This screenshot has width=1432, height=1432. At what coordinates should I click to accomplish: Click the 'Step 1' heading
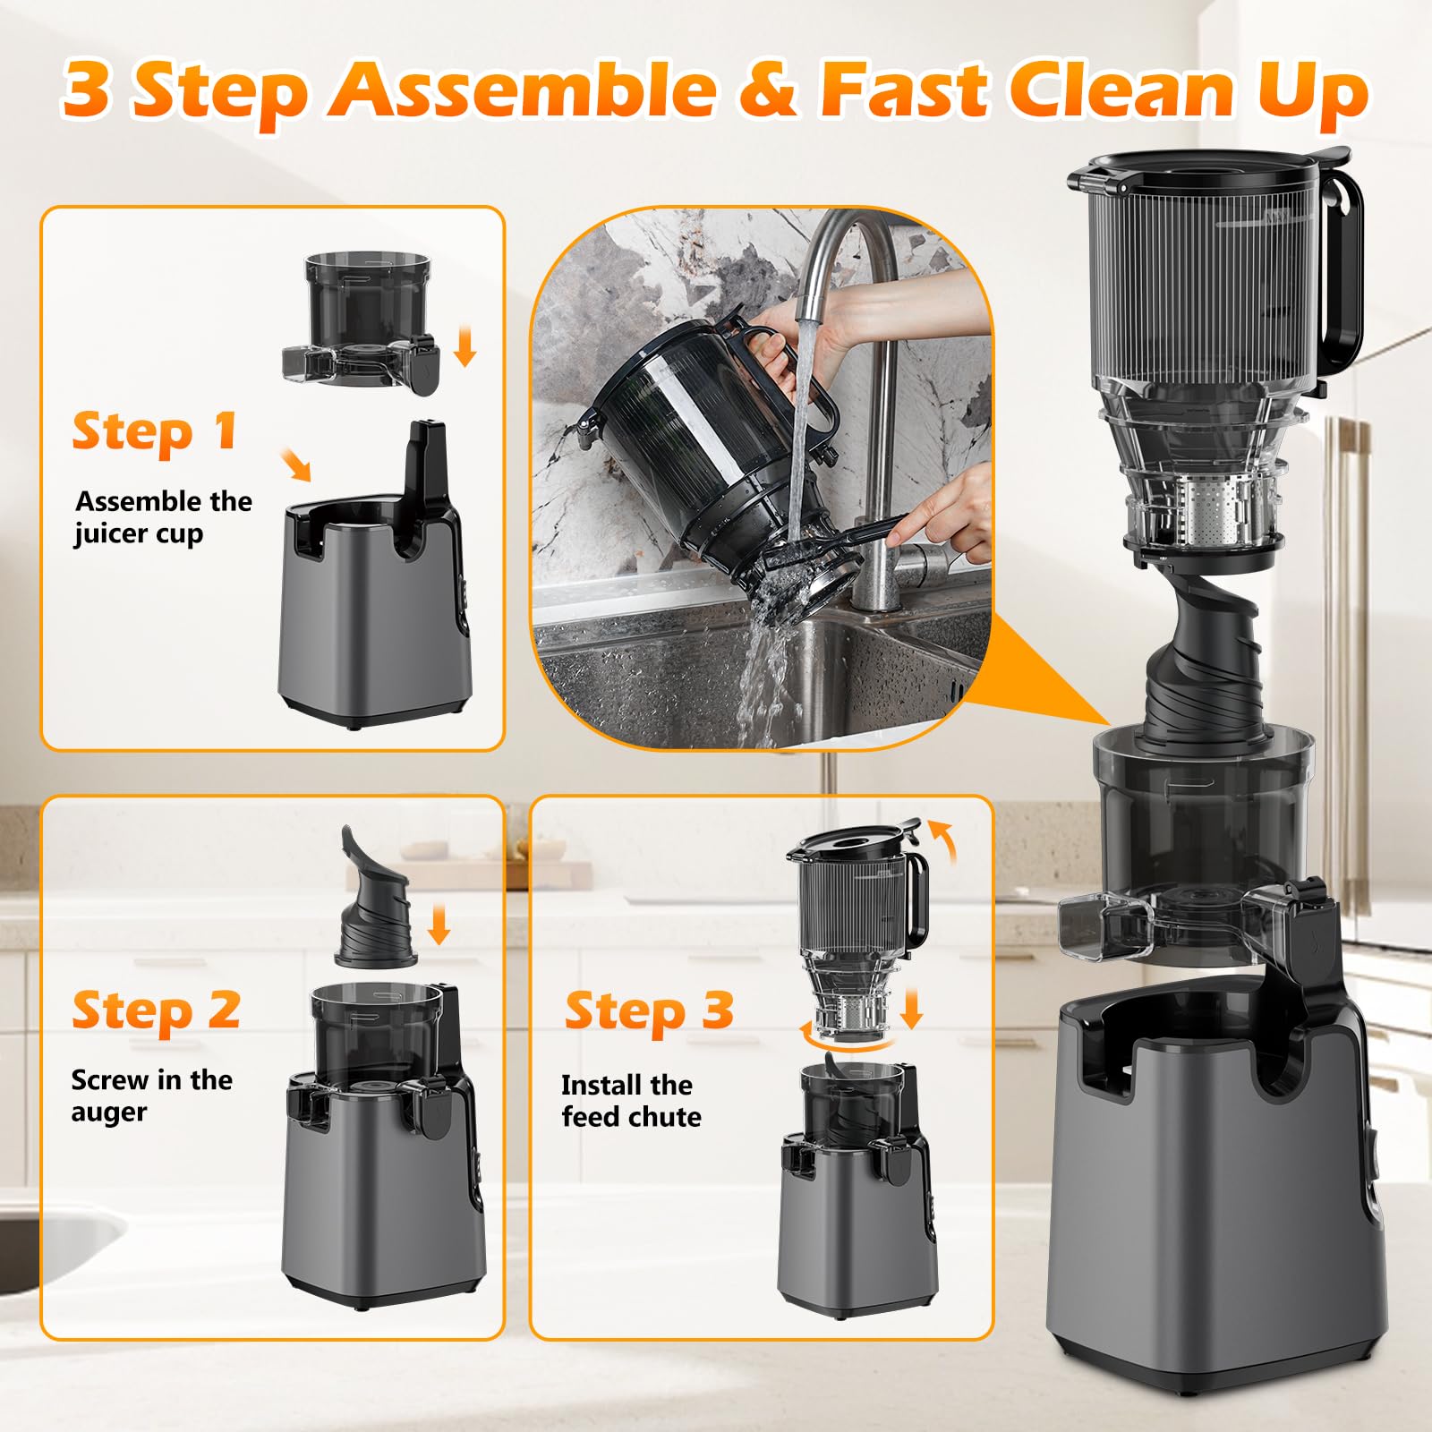155,432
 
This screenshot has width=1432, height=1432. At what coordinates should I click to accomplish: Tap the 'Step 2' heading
157,1010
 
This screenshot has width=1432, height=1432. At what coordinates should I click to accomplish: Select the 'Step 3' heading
649,1011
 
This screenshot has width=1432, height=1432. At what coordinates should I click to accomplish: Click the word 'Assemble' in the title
522,89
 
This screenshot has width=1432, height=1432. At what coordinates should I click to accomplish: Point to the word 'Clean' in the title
1115,89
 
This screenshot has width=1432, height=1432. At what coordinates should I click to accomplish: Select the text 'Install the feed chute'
630,1101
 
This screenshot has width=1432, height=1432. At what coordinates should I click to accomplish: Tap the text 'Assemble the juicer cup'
163,516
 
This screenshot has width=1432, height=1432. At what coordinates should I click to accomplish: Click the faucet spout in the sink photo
810,295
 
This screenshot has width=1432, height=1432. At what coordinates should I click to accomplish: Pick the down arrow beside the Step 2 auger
438,925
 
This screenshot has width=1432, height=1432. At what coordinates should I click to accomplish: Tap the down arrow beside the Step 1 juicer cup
464,347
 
